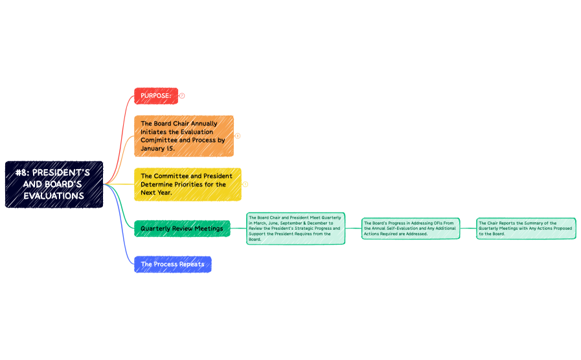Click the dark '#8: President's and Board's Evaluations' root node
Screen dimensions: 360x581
(x=54, y=184)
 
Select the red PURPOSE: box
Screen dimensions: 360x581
(x=155, y=96)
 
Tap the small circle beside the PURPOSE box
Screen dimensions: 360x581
(x=182, y=96)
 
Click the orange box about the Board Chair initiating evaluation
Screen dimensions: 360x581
(x=184, y=136)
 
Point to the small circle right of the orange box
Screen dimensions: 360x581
(x=238, y=136)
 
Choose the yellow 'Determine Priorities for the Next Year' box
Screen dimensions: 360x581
(x=187, y=184)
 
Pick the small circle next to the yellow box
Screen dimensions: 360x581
(x=245, y=184)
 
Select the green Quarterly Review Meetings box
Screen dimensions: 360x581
(x=182, y=229)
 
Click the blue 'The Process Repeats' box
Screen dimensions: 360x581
(x=172, y=264)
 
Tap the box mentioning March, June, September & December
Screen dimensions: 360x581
(x=295, y=229)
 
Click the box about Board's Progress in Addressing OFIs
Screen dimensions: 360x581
(x=411, y=229)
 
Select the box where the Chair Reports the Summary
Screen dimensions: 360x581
(x=526, y=229)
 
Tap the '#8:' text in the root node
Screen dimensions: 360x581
(x=23, y=173)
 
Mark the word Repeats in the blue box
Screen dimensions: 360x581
(x=192, y=264)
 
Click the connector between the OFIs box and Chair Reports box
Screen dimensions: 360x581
(x=468, y=229)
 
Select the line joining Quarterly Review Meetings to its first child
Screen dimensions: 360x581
(x=238, y=229)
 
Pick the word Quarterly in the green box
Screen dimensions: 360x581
(x=155, y=229)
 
